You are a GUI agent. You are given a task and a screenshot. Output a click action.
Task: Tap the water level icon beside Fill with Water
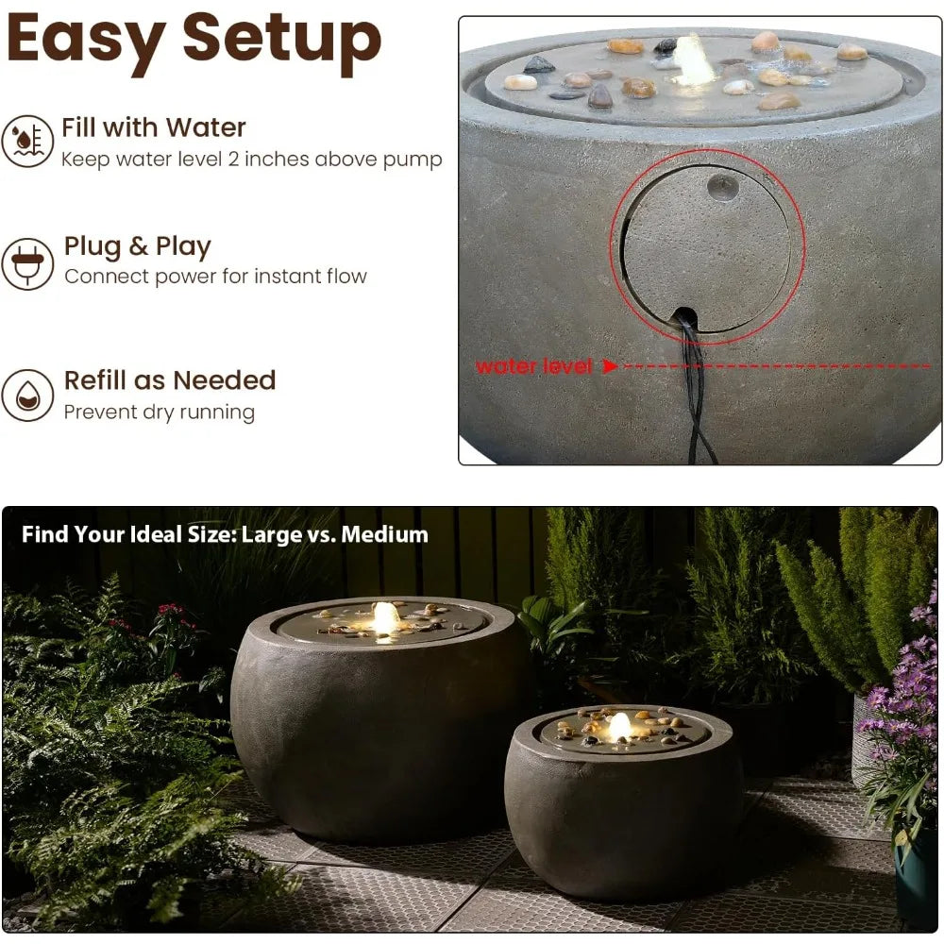click(27, 141)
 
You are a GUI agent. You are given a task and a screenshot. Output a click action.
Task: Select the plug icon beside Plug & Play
click(27, 263)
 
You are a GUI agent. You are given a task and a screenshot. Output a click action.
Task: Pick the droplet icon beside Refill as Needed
click(27, 396)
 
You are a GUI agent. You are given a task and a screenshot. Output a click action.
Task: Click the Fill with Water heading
click(154, 127)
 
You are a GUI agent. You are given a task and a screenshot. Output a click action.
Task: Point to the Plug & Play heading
click(138, 246)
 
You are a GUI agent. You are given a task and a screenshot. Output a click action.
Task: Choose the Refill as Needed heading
click(170, 380)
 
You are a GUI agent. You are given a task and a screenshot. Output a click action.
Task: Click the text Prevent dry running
click(160, 413)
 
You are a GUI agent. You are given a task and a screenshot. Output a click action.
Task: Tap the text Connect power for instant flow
click(215, 277)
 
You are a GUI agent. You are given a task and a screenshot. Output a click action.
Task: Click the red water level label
click(533, 366)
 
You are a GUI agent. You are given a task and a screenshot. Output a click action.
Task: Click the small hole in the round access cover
click(723, 186)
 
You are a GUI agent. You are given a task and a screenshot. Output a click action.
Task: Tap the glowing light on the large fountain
click(384, 617)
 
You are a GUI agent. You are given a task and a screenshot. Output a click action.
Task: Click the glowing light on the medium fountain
click(619, 727)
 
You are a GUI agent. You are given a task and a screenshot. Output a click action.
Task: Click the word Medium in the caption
click(384, 535)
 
